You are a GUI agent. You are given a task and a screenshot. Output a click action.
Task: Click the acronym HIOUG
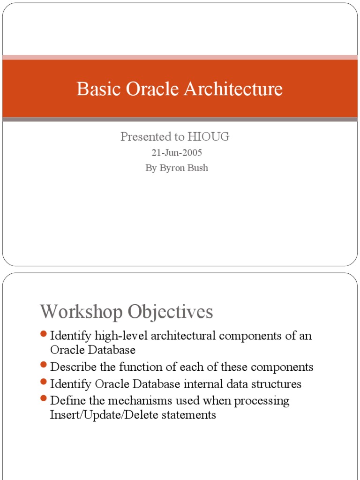[209, 137]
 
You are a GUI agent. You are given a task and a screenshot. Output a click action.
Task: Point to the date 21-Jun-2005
[177, 153]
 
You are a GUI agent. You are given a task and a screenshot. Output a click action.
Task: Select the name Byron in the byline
[172, 168]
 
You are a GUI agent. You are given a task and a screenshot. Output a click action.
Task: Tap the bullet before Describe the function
[44, 365]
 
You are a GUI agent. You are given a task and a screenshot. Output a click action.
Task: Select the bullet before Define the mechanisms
[44, 399]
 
